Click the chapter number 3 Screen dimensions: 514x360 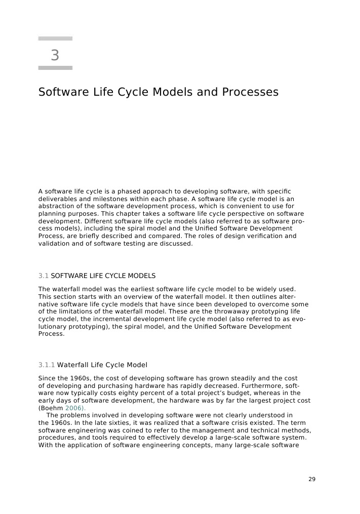point(55,55)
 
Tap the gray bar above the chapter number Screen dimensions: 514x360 point(55,38)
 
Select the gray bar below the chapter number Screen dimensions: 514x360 point(55,67)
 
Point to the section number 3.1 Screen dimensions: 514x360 point(43,276)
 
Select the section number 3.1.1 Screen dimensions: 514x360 point(47,365)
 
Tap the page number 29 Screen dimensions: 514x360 point(312,479)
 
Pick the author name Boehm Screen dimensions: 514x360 point(52,408)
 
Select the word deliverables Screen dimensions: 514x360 point(57,199)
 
